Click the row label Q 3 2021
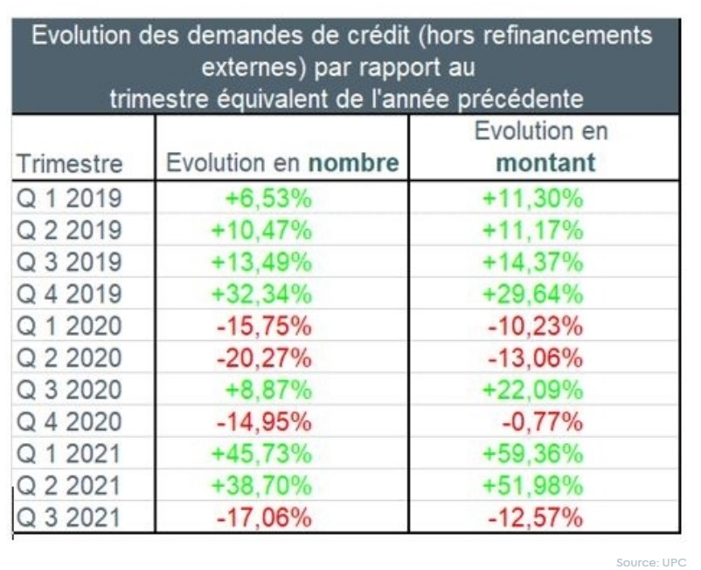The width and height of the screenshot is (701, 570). (x=70, y=518)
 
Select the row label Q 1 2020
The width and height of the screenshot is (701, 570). (x=70, y=326)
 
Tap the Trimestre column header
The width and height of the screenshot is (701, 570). (x=70, y=163)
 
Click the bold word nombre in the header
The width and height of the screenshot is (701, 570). (x=353, y=163)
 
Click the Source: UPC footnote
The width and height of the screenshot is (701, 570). (x=650, y=561)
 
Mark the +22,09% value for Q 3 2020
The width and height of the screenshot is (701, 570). (x=532, y=390)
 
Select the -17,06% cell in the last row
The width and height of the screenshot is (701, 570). (x=263, y=518)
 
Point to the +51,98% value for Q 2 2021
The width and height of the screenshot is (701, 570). (x=532, y=485)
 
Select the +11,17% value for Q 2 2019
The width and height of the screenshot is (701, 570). (x=532, y=230)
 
